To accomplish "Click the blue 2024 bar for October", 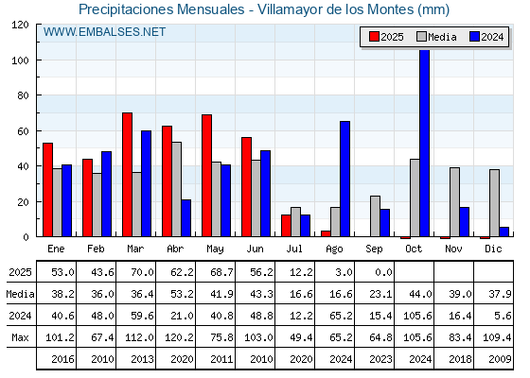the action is click(424, 143).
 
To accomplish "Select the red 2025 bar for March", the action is click(127, 175).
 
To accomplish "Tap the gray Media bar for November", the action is click(454, 202).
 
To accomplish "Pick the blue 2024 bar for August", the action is click(344, 179).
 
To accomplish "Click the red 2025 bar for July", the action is click(286, 226).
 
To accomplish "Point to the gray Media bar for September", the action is click(375, 216).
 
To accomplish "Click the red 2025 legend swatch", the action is click(374, 37).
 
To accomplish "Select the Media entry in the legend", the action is click(436, 37).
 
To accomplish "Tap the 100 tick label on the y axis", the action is click(20, 60).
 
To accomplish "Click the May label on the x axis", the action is click(215, 249).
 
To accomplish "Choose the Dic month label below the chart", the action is click(493, 249).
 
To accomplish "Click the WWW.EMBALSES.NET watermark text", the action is click(104, 32).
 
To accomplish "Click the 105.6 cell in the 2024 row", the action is click(417, 316).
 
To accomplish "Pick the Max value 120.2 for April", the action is click(179, 337).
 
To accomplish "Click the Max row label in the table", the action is click(20, 337).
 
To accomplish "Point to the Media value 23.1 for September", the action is click(380, 294).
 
